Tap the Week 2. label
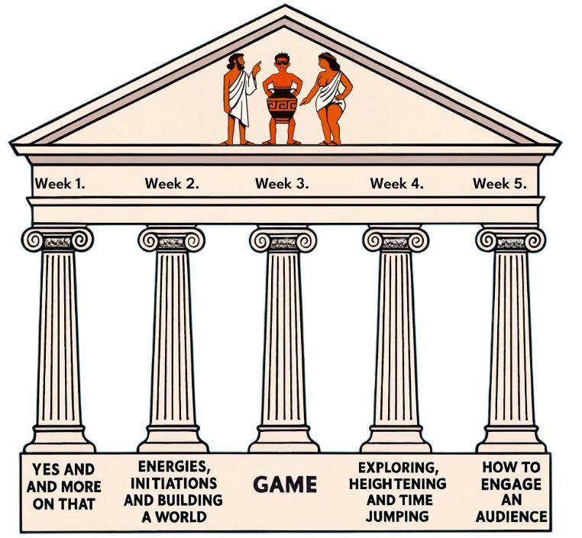click(x=172, y=183)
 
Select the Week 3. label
click(x=283, y=183)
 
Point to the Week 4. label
click(x=397, y=183)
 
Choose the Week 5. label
click(x=500, y=183)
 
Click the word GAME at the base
click(x=284, y=485)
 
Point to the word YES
click(x=41, y=469)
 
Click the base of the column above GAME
click(x=283, y=441)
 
